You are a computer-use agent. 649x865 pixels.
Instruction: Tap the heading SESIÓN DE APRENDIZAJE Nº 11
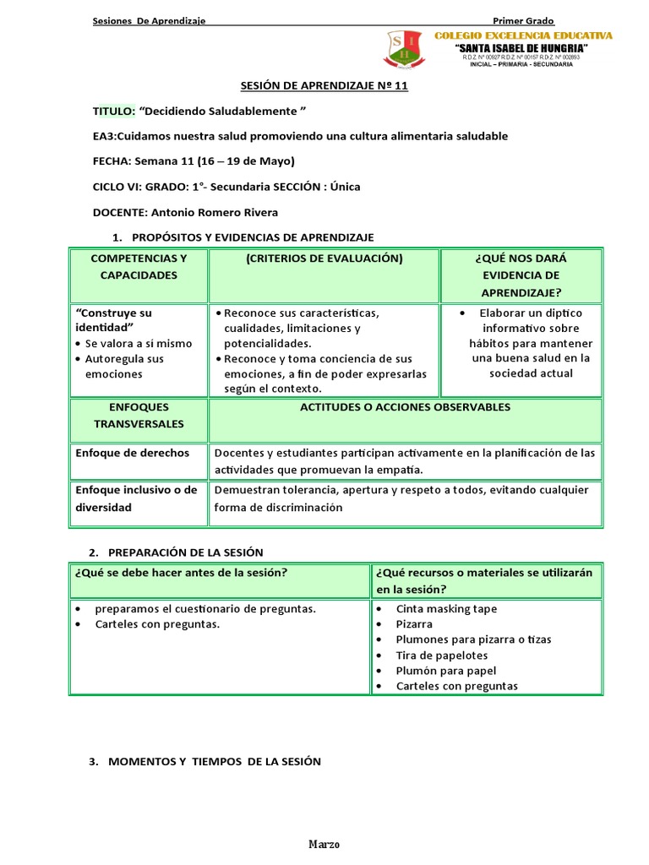[324, 87]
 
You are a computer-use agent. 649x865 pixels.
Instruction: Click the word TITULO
[113, 112]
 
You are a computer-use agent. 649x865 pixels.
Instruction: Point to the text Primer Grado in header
[523, 20]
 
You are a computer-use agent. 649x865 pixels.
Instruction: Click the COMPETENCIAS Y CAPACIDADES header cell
[139, 267]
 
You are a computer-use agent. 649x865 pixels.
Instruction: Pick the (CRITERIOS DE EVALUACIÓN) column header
[324, 258]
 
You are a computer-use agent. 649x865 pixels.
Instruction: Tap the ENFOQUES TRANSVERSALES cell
[139, 415]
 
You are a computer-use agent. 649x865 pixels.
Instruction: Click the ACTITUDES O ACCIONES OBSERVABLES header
[406, 407]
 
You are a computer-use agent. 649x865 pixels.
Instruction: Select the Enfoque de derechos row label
[132, 453]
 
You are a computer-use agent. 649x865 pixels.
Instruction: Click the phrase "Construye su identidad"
[114, 319]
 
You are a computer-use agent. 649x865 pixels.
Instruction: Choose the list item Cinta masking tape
[446, 609]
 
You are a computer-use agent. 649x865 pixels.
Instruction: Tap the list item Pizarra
[414, 624]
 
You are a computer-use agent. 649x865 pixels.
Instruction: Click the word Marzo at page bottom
[324, 845]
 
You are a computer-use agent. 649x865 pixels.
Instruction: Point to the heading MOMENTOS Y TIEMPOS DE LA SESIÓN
[215, 761]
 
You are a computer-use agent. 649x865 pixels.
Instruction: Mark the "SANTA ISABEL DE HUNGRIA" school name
[521, 48]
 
